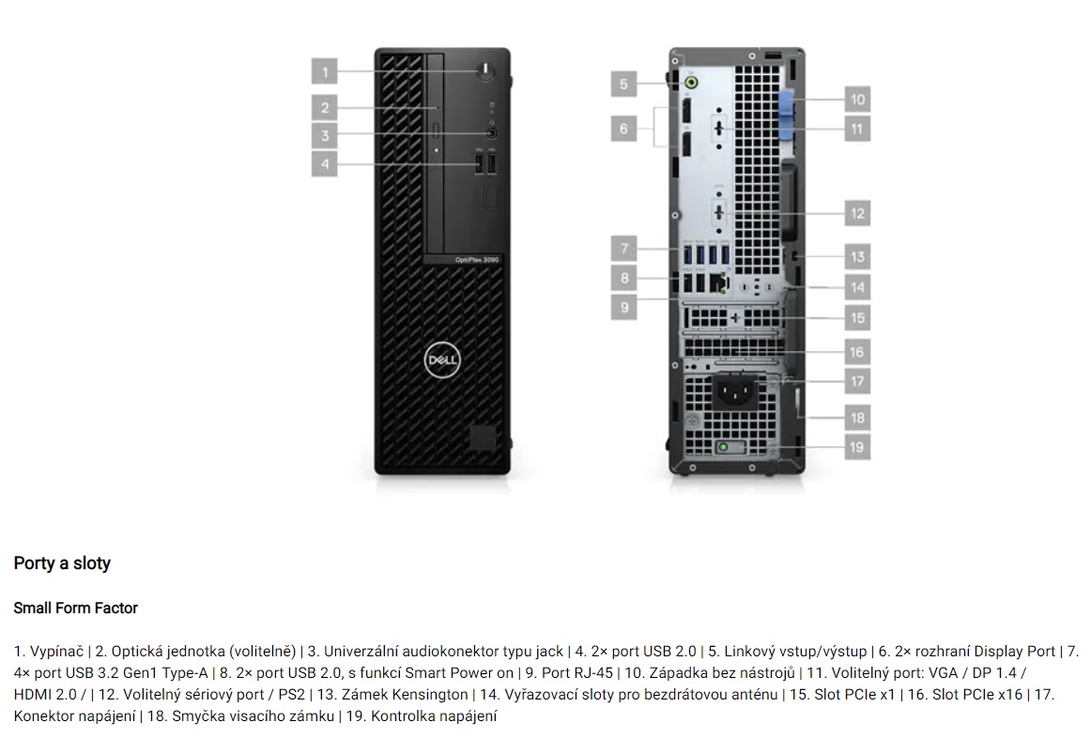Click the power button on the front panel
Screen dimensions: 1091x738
[x=486, y=70]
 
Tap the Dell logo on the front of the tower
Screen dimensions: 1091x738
[x=442, y=360]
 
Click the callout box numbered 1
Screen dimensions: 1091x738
[x=324, y=71]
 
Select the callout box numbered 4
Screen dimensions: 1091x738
[x=324, y=165]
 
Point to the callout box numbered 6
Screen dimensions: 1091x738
[x=623, y=129]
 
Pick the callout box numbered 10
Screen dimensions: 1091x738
[x=857, y=100]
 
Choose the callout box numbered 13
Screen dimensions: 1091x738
[x=857, y=257]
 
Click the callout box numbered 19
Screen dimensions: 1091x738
[x=857, y=447]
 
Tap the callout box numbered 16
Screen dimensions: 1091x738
[x=857, y=352]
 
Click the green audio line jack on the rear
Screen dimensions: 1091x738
[x=690, y=84]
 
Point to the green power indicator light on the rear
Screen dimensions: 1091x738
[x=724, y=448]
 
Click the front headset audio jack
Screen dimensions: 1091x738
[x=493, y=132]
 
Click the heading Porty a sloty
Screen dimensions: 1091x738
[x=62, y=563]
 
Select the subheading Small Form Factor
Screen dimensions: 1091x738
[x=76, y=607]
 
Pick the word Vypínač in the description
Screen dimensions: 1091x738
[x=56, y=652]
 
